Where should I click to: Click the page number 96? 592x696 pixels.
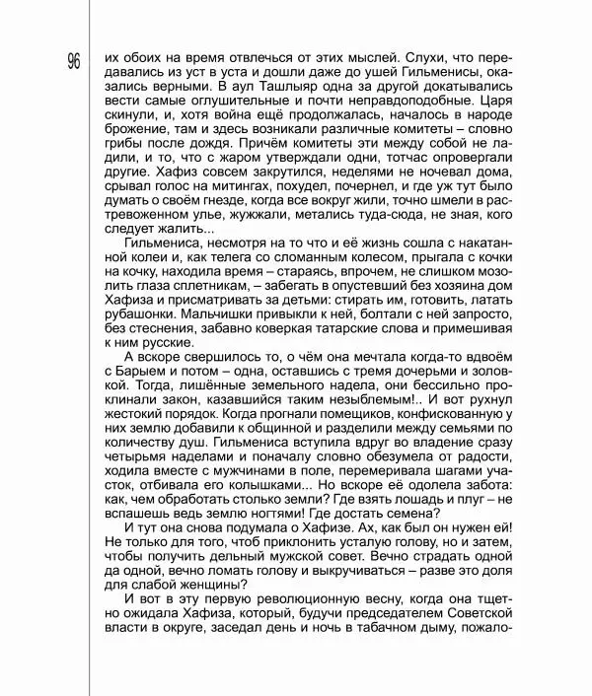coord(74,61)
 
